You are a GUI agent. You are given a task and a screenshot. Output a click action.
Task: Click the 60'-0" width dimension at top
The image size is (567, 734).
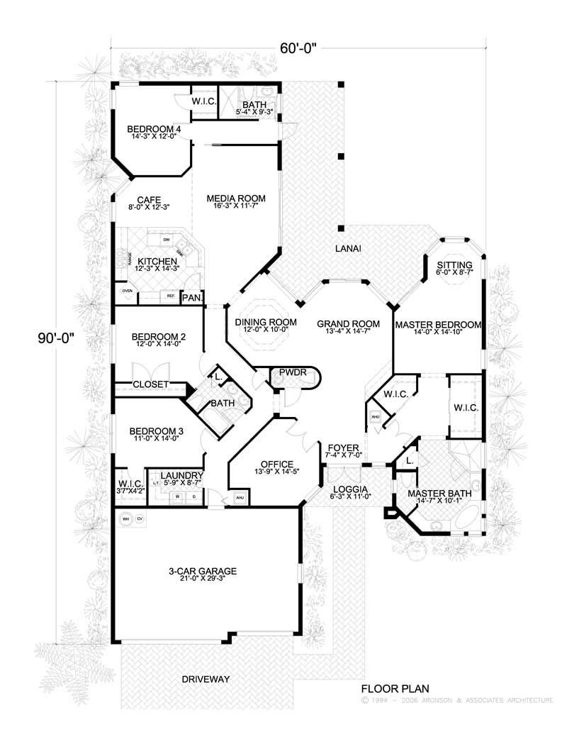(x=297, y=48)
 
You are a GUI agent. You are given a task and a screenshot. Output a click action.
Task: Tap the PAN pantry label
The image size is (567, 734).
(x=191, y=299)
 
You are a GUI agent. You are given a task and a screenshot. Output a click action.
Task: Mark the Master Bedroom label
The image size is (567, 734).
(x=438, y=325)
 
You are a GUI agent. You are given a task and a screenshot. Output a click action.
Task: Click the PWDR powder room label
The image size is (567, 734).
(x=293, y=372)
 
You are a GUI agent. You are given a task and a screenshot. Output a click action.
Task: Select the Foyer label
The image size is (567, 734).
(x=344, y=448)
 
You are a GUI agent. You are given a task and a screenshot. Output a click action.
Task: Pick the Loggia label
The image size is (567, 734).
(x=350, y=489)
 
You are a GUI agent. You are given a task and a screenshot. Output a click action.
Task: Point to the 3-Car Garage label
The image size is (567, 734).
(x=203, y=571)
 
